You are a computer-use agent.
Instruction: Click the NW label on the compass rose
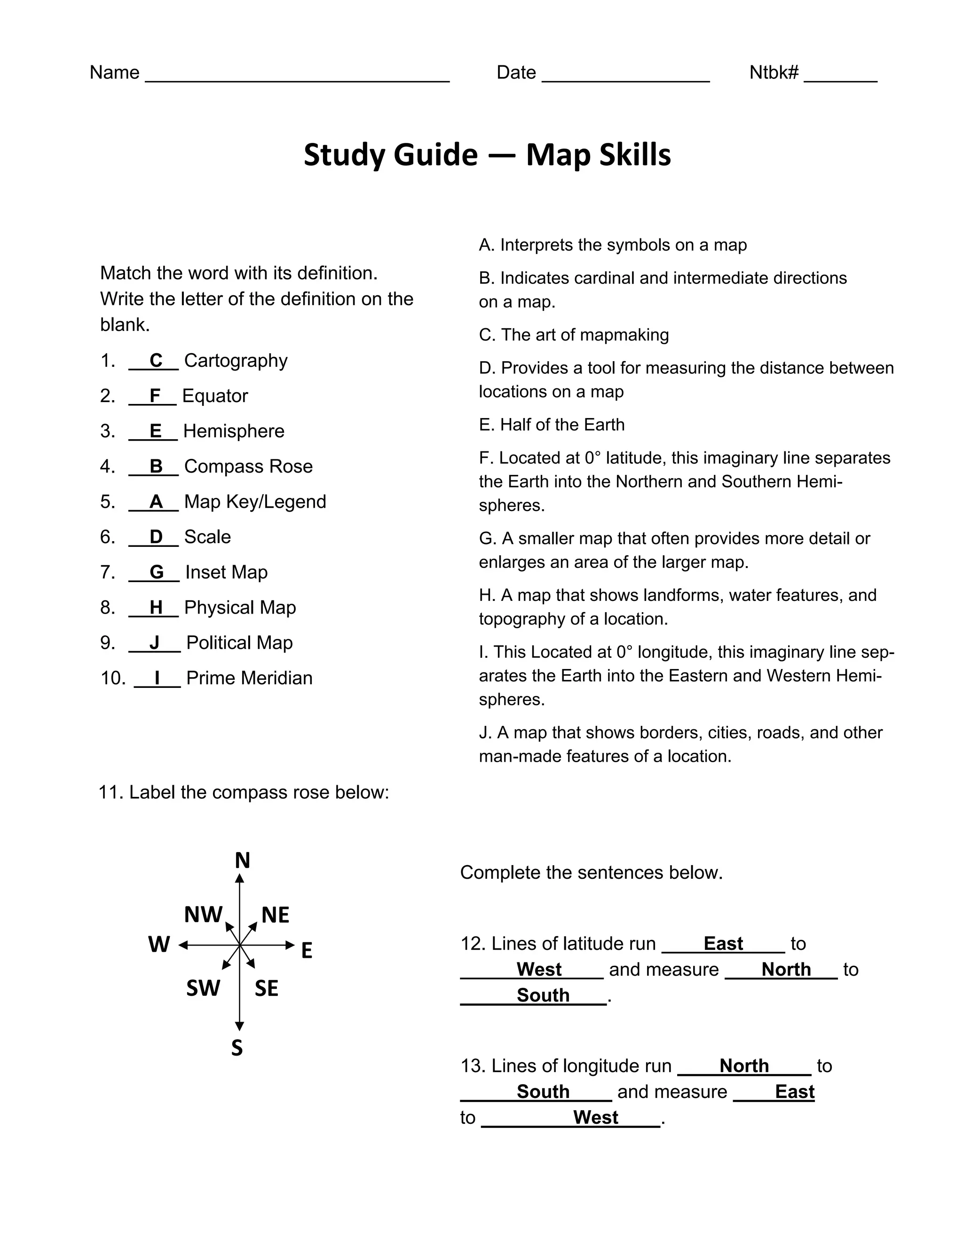pyautogui.click(x=203, y=915)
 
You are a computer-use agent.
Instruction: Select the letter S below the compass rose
pyautogui.click(x=237, y=1048)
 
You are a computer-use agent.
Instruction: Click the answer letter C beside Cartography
pyautogui.click(x=156, y=361)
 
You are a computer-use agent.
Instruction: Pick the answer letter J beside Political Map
pyautogui.click(x=154, y=642)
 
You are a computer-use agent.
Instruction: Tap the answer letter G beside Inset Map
pyautogui.click(x=156, y=572)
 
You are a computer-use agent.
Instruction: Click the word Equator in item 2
pyautogui.click(x=215, y=396)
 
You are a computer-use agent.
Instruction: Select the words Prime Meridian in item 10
pyautogui.click(x=249, y=678)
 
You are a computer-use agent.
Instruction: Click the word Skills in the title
pyautogui.click(x=634, y=155)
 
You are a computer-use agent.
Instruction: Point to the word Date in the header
pyautogui.click(x=516, y=72)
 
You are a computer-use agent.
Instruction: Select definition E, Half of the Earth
pyautogui.click(x=551, y=425)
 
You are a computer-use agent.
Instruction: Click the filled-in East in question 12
pyautogui.click(x=723, y=943)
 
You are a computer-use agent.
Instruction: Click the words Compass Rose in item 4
pyautogui.click(x=248, y=466)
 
